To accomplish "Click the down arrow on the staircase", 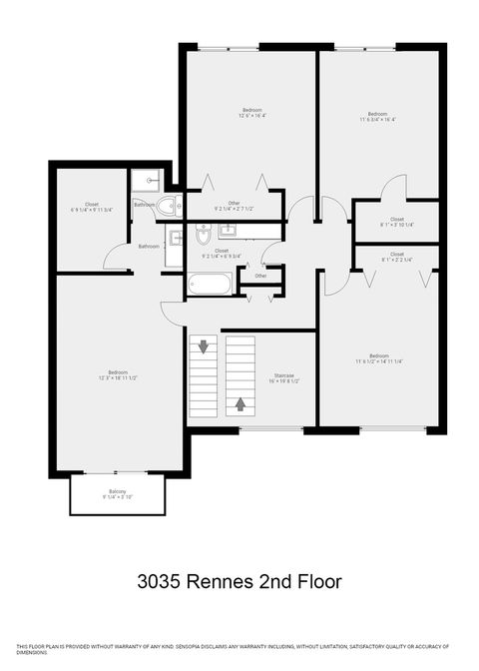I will coord(205,347).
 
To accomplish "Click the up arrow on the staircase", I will coord(240,404).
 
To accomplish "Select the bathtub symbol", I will coord(211,285).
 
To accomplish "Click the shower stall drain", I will coord(149,181).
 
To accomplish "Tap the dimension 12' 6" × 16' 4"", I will coord(251,116).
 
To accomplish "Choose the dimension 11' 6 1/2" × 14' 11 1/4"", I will coord(378,361).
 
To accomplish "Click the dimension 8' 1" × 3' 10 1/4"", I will coord(397,225).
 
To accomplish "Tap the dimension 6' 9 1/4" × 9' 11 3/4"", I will coord(92,210).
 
